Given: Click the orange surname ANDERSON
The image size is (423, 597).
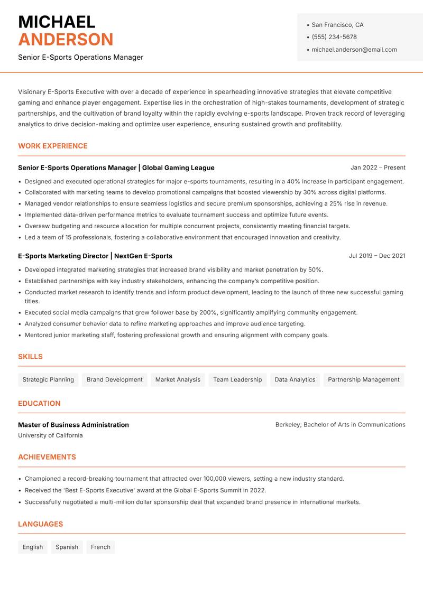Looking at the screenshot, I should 66,40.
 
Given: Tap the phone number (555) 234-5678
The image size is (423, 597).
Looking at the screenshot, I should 334,37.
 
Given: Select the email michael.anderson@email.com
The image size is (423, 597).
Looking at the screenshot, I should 354,50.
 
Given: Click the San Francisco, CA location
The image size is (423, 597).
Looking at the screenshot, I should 337,25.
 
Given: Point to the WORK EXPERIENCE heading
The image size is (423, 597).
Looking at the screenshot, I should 53,146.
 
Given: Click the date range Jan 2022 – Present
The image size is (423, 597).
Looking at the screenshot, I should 378,167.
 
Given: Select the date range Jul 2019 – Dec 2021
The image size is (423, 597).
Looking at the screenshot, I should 377,256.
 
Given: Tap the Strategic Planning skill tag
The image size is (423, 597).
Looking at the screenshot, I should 48,379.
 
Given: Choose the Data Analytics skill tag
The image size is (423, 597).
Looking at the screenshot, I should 295,379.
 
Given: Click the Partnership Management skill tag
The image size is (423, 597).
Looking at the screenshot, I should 363,379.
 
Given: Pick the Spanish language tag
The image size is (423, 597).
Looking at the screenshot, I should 67,547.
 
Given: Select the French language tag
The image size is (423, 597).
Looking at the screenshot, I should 100,547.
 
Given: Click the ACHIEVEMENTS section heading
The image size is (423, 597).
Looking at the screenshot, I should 47,457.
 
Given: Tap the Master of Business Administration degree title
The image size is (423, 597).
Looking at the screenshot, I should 73,425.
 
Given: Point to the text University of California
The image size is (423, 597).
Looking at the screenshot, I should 50,435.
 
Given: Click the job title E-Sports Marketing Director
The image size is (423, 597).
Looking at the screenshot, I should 63,256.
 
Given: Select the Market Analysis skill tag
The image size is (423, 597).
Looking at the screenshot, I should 178,379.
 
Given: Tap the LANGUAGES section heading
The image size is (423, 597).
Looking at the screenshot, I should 40,524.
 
